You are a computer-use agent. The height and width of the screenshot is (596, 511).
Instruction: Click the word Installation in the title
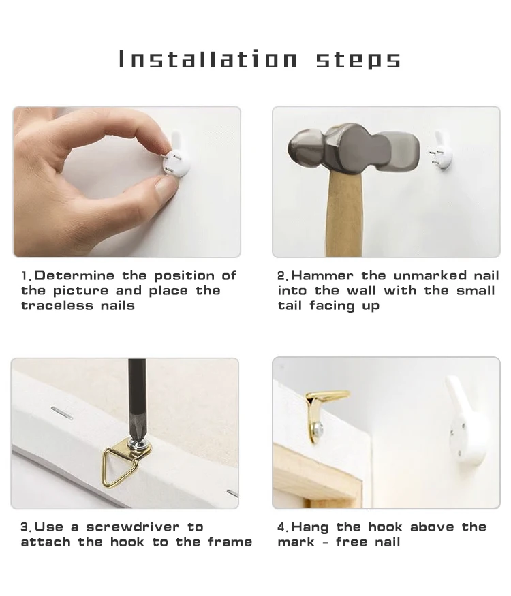208,59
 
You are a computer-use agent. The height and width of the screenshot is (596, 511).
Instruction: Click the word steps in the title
358,60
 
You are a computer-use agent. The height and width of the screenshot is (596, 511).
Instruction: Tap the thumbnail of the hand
164,188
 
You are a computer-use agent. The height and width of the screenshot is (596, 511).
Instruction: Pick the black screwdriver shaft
137,399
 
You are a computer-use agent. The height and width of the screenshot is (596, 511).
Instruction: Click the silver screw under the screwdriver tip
138,443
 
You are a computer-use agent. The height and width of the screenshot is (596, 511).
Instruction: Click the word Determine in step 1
74,275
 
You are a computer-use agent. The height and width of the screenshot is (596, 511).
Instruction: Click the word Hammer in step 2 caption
322,275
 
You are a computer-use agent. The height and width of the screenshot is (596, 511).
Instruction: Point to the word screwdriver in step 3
133,527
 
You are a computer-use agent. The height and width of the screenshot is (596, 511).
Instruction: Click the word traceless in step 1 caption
57,305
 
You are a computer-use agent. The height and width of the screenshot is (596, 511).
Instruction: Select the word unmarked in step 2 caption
430,275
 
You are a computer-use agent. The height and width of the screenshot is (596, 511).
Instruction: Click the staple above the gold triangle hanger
62,413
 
